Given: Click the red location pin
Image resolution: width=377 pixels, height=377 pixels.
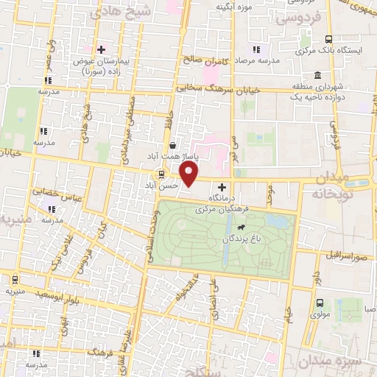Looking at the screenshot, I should pyautogui.click(x=189, y=174).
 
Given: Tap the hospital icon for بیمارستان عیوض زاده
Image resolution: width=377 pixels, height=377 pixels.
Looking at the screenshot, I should pyautogui.click(x=101, y=49).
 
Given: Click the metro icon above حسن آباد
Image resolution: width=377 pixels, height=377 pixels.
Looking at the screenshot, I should pyautogui.click(x=160, y=175).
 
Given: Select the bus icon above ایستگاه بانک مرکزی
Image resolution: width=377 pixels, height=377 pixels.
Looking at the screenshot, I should pyautogui.click(x=329, y=40).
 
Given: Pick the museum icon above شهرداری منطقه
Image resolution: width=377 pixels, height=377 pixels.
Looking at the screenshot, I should pyautogui.click(x=318, y=75).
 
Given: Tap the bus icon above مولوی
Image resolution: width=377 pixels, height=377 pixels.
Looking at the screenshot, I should pyautogui.click(x=320, y=302).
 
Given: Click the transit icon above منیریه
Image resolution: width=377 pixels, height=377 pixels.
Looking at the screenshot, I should pyautogui.click(x=15, y=280).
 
